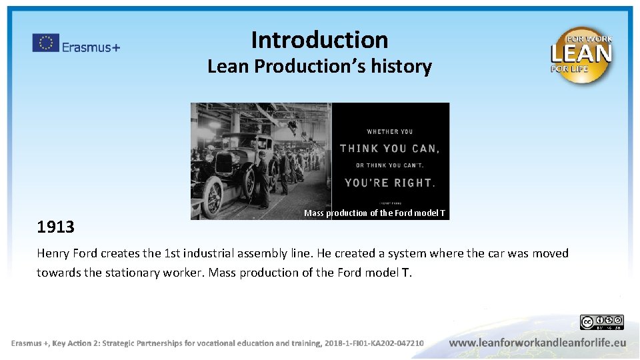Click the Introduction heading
[319, 40]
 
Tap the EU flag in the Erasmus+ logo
[45, 43]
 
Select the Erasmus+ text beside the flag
[91, 47]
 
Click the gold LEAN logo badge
[581, 55]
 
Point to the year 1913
[55, 227]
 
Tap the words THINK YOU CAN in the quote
[389, 149]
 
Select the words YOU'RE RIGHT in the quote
[390, 182]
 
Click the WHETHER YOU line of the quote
[389, 131]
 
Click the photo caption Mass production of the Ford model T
[375, 213]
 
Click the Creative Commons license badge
[601, 323]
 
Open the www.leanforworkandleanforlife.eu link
[537, 343]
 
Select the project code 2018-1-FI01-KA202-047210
[374, 343]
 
